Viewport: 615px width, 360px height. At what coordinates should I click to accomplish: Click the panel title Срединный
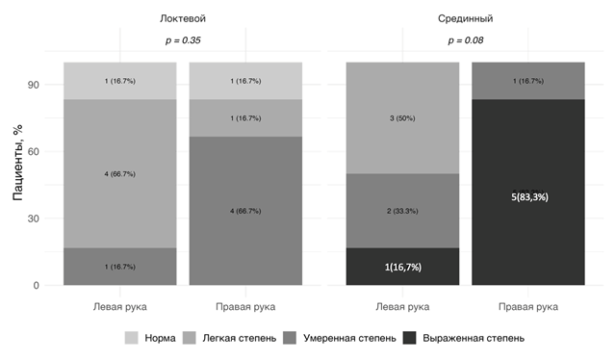pyautogui.click(x=466, y=18)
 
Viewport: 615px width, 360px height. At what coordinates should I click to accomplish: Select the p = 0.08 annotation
pyautogui.click(x=466, y=40)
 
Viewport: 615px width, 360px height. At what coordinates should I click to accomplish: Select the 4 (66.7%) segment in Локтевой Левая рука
pyautogui.click(x=120, y=174)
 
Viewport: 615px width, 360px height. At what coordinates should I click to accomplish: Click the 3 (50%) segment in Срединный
pyautogui.click(x=402, y=118)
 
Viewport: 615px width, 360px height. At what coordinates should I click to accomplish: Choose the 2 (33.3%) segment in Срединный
pyautogui.click(x=402, y=211)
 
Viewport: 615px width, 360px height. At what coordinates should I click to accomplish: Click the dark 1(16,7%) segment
pyautogui.click(x=402, y=267)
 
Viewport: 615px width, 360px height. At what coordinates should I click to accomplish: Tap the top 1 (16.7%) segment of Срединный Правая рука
pyautogui.click(x=527, y=81)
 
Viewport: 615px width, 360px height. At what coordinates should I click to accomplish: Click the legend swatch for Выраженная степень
pyautogui.click(x=410, y=339)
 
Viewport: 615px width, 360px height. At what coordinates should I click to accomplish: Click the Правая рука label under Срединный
pyautogui.click(x=527, y=307)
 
